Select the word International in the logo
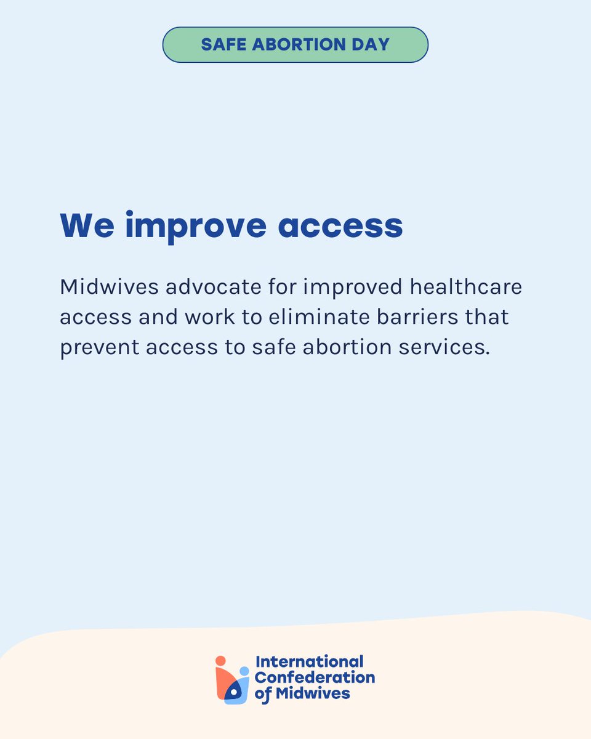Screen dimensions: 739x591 coord(309,663)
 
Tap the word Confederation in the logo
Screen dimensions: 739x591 coord(315,677)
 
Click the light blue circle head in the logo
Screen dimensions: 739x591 coord(244,671)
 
